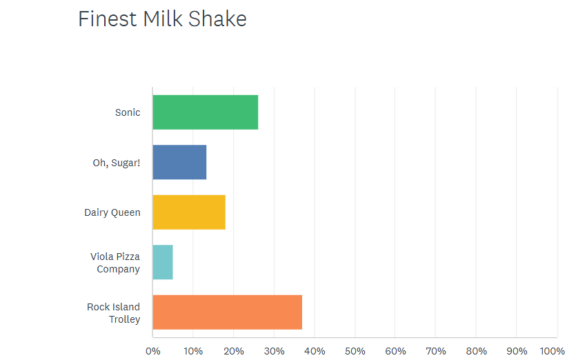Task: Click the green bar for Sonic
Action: point(206,112)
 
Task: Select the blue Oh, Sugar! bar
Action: point(180,162)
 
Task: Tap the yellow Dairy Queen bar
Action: point(189,212)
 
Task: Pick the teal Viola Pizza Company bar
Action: point(163,262)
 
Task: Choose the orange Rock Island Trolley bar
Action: point(228,312)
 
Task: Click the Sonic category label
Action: point(128,112)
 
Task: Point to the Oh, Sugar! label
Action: point(117,163)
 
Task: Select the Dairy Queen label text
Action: point(112,212)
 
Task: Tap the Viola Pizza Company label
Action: point(115,263)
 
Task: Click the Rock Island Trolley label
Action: point(114,313)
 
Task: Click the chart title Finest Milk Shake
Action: point(162,19)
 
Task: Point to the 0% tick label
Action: point(153,351)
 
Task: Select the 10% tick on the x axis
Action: point(193,351)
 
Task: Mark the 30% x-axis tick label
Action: point(274,351)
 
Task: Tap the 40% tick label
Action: point(315,351)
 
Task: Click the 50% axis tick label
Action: point(355,351)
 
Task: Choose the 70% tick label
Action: point(436,351)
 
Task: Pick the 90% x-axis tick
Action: point(517,351)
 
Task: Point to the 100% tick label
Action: point(553,351)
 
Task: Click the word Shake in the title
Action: point(217,19)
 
